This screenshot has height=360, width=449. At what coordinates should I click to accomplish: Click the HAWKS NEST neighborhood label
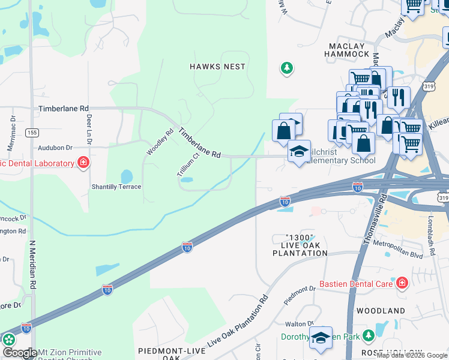click(x=217, y=67)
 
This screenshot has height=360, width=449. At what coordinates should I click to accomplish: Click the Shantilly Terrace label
click(x=116, y=187)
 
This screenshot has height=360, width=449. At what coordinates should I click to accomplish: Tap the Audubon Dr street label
click(x=55, y=147)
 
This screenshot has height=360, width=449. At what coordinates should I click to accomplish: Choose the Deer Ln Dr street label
click(x=88, y=125)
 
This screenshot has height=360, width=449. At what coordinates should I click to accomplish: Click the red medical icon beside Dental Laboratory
click(x=83, y=163)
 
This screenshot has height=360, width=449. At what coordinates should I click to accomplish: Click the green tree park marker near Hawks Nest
click(x=287, y=68)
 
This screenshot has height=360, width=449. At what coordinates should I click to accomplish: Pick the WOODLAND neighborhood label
click(x=381, y=311)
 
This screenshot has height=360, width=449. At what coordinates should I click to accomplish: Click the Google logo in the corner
click(x=19, y=353)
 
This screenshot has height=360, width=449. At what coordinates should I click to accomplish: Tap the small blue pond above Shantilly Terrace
click(x=126, y=177)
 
